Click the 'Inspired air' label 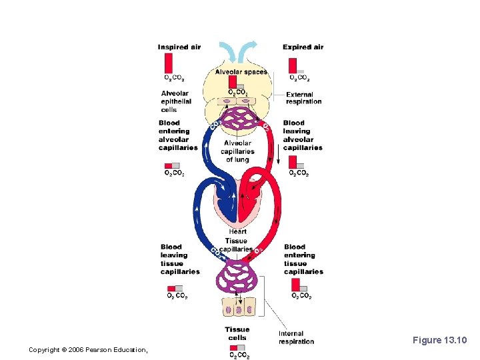[x=179, y=47]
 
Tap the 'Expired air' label [x=303, y=47]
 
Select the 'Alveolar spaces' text [x=241, y=72]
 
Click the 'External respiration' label [x=303, y=98]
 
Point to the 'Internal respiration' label [x=296, y=337]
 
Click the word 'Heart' [x=237, y=231]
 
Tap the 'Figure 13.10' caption [x=440, y=341]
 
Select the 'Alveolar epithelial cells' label [x=176, y=101]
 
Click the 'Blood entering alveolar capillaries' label [x=178, y=135]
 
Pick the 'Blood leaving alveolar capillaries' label [x=302, y=135]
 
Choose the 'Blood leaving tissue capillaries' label [x=179, y=259]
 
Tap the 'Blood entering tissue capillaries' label [x=303, y=259]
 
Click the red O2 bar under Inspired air [x=169, y=63]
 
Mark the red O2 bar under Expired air [x=293, y=65]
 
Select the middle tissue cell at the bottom [x=239, y=308]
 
